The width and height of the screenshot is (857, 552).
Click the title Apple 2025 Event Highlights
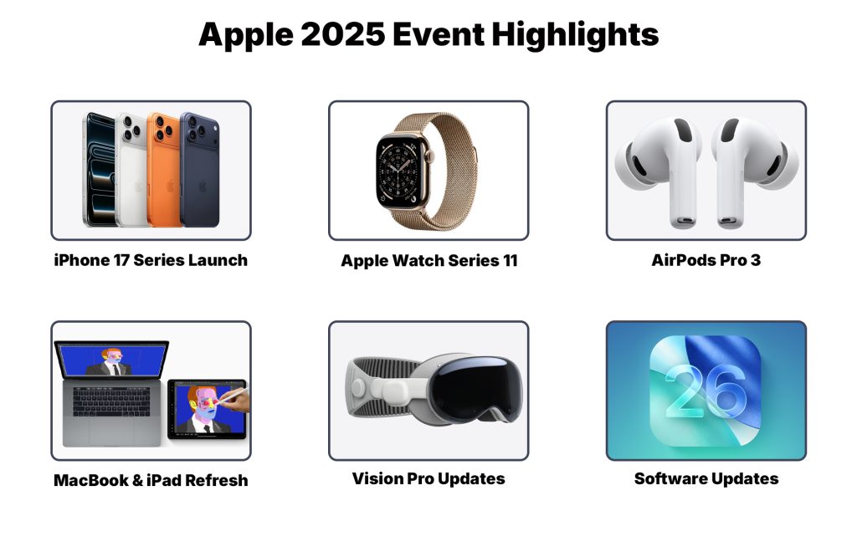coord(428,35)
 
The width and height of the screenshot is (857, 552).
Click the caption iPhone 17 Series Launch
coord(151,260)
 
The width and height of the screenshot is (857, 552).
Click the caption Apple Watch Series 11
coord(428,261)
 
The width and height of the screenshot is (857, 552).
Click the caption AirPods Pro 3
coord(706,260)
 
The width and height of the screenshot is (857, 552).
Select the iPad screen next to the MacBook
coord(206,409)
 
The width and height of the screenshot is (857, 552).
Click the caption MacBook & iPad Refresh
coord(151,480)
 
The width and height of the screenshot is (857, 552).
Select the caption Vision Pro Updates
coord(428,479)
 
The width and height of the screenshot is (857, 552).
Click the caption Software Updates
coord(706,479)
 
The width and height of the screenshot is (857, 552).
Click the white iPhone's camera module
coord(131,127)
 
